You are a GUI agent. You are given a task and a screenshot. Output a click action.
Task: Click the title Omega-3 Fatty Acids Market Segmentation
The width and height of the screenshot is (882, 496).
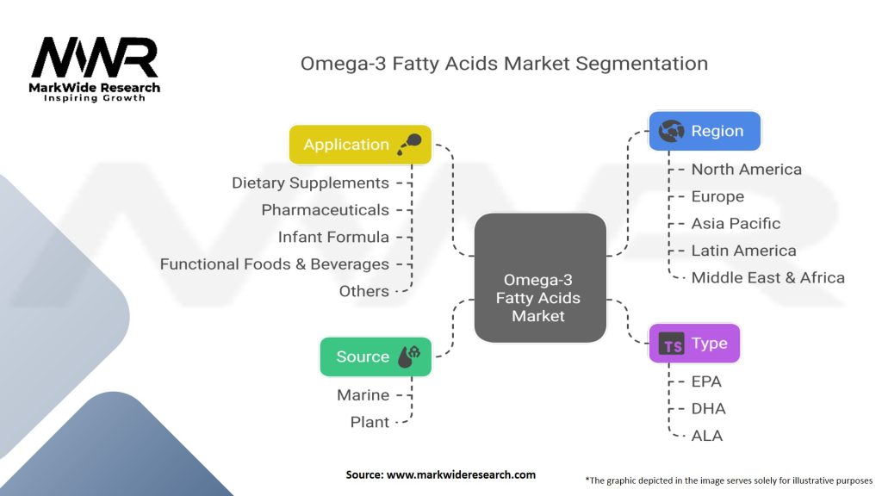[x=504, y=64]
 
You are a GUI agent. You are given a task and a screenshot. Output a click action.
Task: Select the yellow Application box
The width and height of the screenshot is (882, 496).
[x=359, y=145]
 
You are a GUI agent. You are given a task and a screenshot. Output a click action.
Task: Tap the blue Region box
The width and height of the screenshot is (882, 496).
[x=704, y=132]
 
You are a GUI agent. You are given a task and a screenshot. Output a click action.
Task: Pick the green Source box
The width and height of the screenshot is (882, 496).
[x=375, y=356]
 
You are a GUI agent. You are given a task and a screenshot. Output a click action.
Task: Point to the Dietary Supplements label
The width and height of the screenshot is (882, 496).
[x=310, y=183]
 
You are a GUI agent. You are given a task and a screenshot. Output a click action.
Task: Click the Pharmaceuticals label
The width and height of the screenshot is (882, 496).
[x=325, y=210]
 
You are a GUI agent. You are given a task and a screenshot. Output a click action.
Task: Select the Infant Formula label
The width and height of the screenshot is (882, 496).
[x=333, y=237]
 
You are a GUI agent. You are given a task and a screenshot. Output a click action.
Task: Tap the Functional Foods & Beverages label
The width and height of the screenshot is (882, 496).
[x=274, y=264]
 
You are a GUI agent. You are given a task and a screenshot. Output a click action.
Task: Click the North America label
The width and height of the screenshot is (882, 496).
[x=746, y=170]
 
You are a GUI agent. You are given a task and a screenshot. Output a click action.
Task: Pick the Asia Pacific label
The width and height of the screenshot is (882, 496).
[x=736, y=223]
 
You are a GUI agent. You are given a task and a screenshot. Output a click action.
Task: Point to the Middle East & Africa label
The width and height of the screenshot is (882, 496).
[x=767, y=277]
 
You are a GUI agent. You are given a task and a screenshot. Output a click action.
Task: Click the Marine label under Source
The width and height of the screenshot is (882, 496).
[x=363, y=395]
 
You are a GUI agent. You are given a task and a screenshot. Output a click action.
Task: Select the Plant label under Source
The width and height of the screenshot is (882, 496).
[x=370, y=422]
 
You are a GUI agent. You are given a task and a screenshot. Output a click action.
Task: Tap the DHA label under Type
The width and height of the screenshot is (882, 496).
[x=708, y=408]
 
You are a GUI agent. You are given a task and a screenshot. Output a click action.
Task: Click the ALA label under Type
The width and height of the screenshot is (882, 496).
[x=706, y=436]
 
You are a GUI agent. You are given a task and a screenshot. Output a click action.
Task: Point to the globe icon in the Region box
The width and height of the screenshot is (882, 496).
[x=670, y=132]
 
